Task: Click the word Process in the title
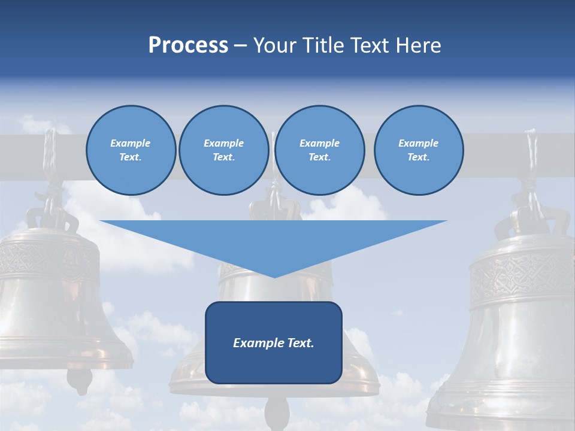click(x=188, y=45)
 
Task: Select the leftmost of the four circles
click(x=131, y=150)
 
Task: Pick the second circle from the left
click(x=223, y=150)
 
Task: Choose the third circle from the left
click(x=319, y=150)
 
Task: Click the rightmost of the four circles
click(x=418, y=150)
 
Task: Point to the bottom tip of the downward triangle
click(x=274, y=277)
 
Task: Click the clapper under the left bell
click(x=79, y=378)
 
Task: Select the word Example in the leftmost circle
click(x=131, y=143)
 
